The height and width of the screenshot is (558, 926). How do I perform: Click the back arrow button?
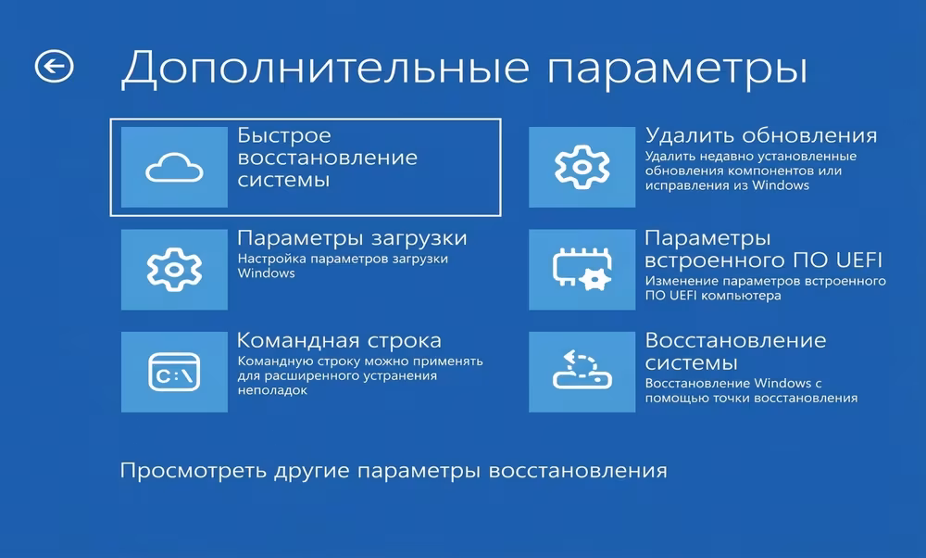(x=54, y=66)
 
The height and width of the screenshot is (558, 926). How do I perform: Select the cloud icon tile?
(x=174, y=167)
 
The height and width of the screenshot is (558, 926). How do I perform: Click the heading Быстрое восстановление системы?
(x=327, y=158)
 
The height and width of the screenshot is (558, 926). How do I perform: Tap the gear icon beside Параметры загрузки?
(x=174, y=270)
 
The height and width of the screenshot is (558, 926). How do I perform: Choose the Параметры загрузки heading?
(x=352, y=238)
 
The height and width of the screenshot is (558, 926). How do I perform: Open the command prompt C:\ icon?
(x=174, y=372)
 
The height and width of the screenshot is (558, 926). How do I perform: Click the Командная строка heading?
(x=339, y=340)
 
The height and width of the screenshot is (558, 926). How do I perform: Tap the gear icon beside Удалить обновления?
(x=582, y=168)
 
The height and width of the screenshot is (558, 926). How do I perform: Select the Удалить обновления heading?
(x=760, y=136)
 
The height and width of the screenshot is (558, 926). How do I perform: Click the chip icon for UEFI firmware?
(x=582, y=269)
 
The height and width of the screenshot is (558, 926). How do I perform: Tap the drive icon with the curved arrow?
(x=582, y=371)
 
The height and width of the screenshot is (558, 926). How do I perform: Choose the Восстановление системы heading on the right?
(x=735, y=350)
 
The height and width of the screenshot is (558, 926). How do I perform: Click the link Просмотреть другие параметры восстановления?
(x=394, y=471)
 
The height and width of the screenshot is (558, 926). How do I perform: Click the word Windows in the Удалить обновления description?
(x=782, y=185)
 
